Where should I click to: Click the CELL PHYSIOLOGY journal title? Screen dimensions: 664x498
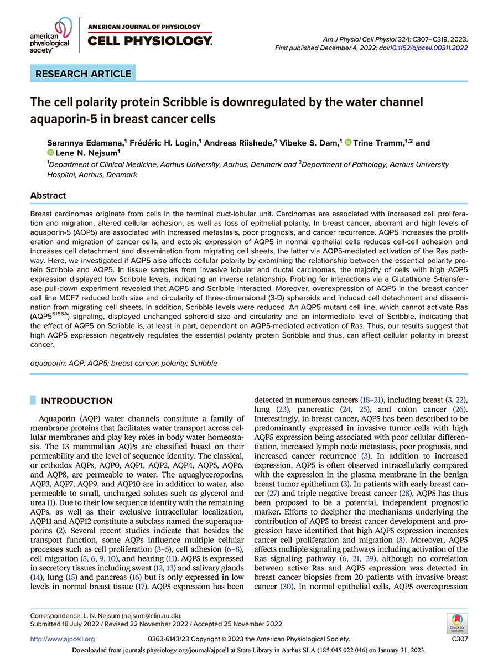click(x=149, y=40)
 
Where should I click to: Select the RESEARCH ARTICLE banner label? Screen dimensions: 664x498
click(x=83, y=74)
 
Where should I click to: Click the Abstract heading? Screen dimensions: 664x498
click(x=48, y=195)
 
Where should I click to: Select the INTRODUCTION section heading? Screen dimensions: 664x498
click(x=77, y=401)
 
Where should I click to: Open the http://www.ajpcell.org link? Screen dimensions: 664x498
click(x=63, y=639)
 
